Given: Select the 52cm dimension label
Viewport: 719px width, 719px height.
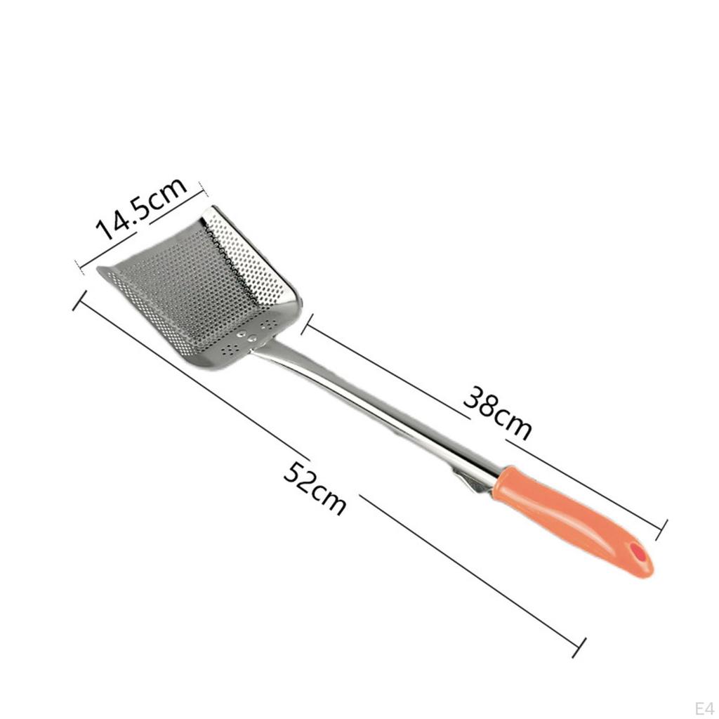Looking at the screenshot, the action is (x=314, y=489).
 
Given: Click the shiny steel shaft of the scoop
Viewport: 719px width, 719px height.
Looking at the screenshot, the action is (x=376, y=408).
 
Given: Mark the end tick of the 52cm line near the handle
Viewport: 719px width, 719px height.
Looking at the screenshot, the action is (x=579, y=647).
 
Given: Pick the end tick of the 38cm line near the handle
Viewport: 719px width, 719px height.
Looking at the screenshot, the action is (x=661, y=530).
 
